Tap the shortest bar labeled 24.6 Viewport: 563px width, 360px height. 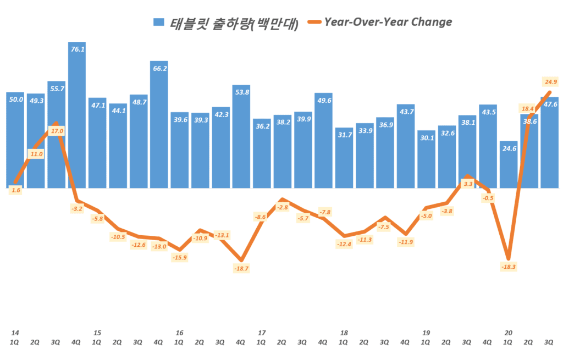click(x=509, y=165)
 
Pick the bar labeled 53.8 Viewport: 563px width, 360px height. click(x=241, y=137)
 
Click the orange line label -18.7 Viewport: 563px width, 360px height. click(x=241, y=268)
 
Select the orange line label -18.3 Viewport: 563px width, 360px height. click(x=509, y=267)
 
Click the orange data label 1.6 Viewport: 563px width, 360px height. click(x=15, y=190)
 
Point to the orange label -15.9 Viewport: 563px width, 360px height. click(x=179, y=257)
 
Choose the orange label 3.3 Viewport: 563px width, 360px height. click(x=468, y=184)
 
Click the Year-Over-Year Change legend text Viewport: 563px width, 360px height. click(x=388, y=22)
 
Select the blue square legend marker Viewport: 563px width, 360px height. click(x=159, y=23)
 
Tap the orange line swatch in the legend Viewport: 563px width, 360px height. click(x=312, y=23)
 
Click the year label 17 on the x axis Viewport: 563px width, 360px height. click(x=262, y=333)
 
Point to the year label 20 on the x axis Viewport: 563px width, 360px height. click(x=509, y=333)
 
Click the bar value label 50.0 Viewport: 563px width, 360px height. click(x=16, y=99)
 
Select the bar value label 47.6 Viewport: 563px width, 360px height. click(x=550, y=104)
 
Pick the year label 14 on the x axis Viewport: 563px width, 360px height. click(x=15, y=333)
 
